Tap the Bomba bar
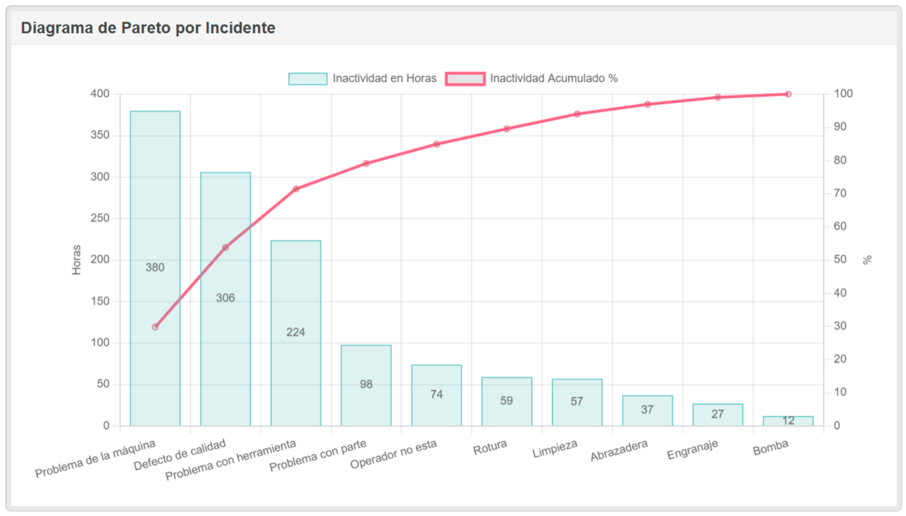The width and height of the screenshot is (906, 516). (788, 421)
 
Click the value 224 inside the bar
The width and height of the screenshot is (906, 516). (296, 332)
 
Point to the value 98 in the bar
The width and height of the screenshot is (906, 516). (366, 384)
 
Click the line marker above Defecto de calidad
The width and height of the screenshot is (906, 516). (225, 247)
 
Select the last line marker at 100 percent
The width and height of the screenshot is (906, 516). (788, 94)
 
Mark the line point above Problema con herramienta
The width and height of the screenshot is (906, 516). (296, 189)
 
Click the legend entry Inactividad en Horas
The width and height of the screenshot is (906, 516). (362, 79)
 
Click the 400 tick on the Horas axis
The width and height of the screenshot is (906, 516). (100, 94)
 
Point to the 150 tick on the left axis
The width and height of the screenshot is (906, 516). (100, 302)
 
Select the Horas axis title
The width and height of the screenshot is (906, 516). (77, 260)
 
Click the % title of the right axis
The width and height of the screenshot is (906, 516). (867, 260)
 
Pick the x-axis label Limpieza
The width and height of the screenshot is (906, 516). (556, 449)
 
